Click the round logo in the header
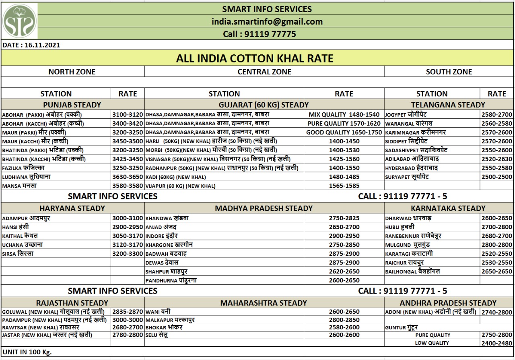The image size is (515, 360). pyautogui.click(x=20, y=21)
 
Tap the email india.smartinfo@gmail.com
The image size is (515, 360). pyautogui.click(x=267, y=22)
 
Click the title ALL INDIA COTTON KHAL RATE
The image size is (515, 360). pyautogui.click(x=255, y=58)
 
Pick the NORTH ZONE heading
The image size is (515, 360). pyautogui.click(x=72, y=72)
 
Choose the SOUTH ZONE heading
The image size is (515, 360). pyautogui.click(x=449, y=72)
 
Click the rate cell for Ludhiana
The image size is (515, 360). pyautogui.click(x=128, y=177)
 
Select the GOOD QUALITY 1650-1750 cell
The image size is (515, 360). pyautogui.click(x=344, y=132)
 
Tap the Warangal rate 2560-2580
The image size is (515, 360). pyautogui.click(x=497, y=123)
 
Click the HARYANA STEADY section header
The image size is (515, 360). pyautogui.click(x=72, y=208)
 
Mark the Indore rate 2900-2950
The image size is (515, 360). pyautogui.click(x=344, y=236)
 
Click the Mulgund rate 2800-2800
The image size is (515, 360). pyautogui.click(x=497, y=245)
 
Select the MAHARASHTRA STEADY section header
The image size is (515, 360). pyautogui.click(x=264, y=303)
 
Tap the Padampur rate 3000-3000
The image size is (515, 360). pyautogui.click(x=128, y=320)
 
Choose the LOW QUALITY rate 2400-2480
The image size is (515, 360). pyautogui.click(x=497, y=343)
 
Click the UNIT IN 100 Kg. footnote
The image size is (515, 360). pyautogui.click(x=27, y=352)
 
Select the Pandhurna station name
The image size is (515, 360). pyautogui.click(x=171, y=280)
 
